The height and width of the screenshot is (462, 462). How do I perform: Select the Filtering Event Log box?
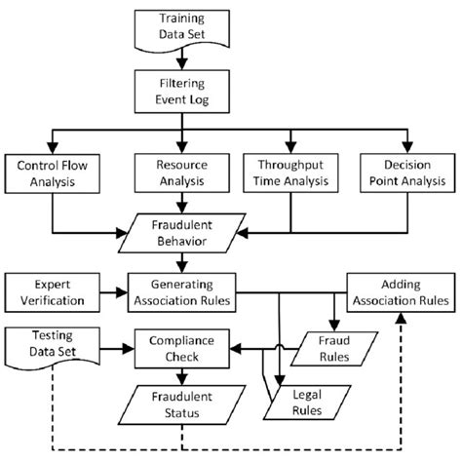180,90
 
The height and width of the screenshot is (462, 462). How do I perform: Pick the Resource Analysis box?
178,173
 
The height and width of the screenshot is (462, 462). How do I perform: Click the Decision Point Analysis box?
404,173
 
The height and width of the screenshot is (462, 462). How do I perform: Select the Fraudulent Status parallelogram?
180,404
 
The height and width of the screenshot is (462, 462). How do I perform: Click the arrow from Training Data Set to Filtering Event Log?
180,60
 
